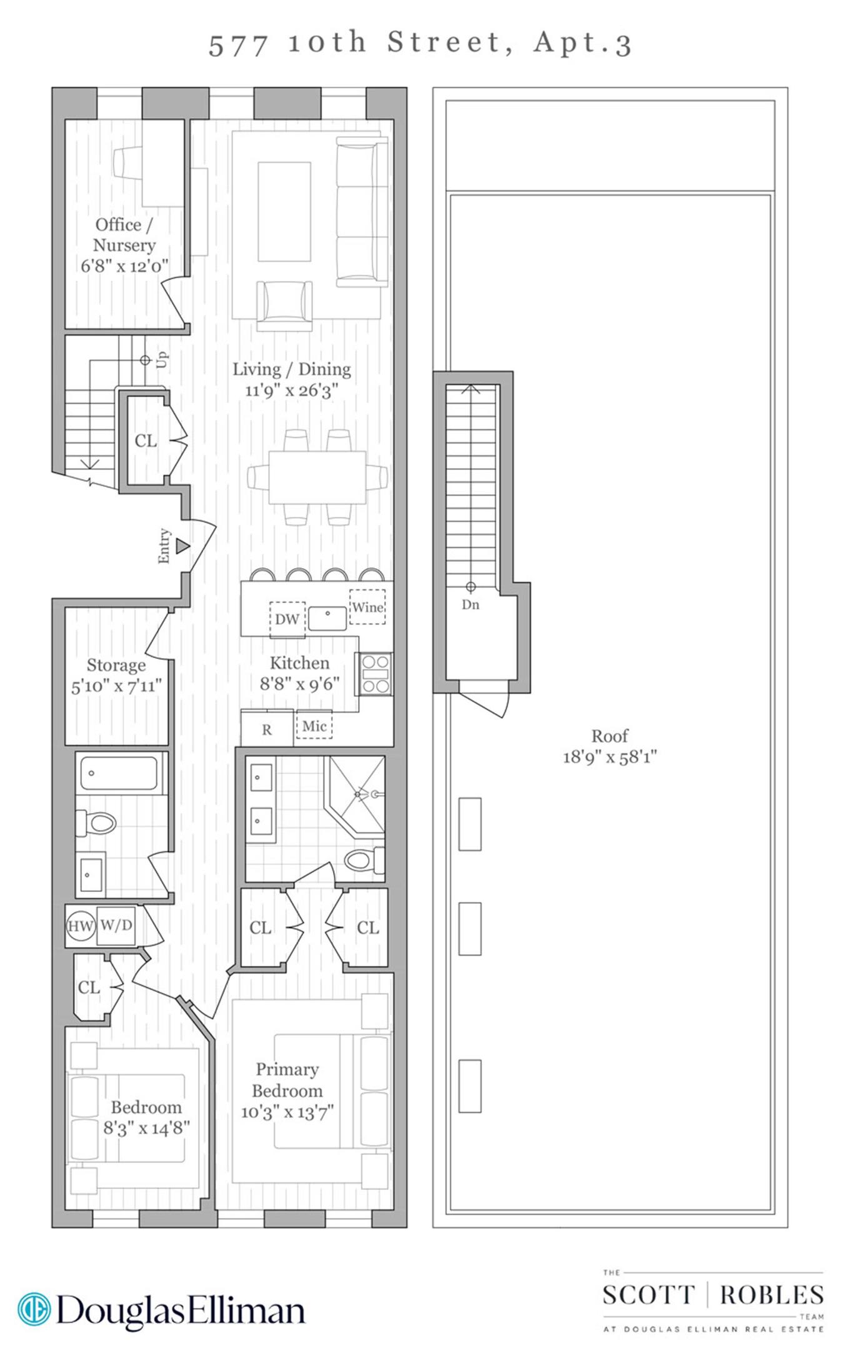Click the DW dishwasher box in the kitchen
tap(287, 619)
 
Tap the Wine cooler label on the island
tap(367, 607)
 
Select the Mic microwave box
tap(314, 726)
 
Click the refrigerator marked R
tap(267, 729)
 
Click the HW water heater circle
tap(80, 926)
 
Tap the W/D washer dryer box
tap(116, 925)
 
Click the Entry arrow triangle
tap(182, 546)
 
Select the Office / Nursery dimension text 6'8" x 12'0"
tap(124, 266)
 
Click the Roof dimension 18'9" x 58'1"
tap(610, 757)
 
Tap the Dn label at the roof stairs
tap(470, 604)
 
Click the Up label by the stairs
tap(162, 359)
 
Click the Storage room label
tap(116, 665)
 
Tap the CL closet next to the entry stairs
tap(146, 441)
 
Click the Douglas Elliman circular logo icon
tap(34, 1309)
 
